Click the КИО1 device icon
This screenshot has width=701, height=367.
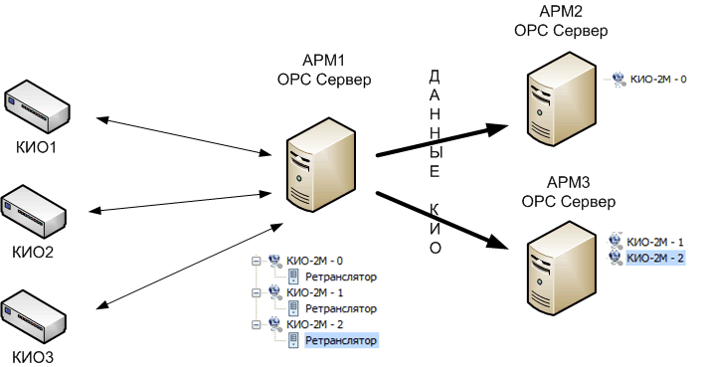(37, 108)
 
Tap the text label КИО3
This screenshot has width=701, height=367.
(33, 355)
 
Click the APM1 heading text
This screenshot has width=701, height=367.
(323, 71)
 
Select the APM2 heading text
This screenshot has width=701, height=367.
(560, 21)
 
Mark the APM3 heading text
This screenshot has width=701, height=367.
(568, 192)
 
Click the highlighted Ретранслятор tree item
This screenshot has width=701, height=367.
(342, 341)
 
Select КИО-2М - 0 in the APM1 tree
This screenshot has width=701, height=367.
(313, 262)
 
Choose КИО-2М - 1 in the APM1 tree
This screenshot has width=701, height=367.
(313, 293)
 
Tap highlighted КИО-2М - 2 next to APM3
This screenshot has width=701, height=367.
(657, 258)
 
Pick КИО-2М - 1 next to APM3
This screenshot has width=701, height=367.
(657, 242)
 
